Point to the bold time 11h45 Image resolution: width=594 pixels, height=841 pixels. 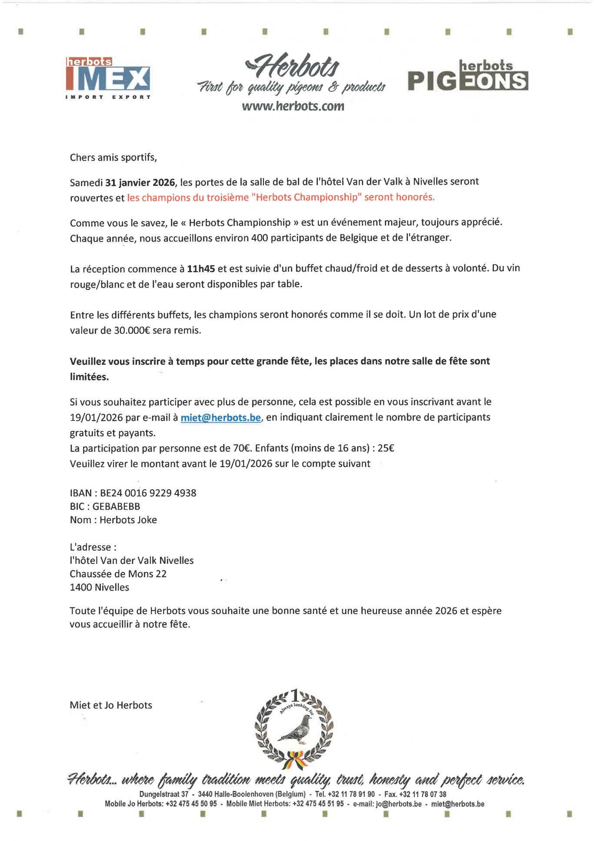pos(201,269)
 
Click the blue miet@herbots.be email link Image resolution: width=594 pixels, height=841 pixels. pos(221,417)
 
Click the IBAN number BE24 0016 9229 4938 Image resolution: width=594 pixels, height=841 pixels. pos(148,493)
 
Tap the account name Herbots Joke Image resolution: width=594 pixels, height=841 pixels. pos(128,520)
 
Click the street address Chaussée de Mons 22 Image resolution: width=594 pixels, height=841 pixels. pos(118,574)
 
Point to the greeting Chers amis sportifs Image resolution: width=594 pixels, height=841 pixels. pos(113,158)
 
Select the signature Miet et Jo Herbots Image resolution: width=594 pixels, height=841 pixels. pos(111,705)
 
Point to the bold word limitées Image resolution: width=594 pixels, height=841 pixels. pos(89,377)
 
